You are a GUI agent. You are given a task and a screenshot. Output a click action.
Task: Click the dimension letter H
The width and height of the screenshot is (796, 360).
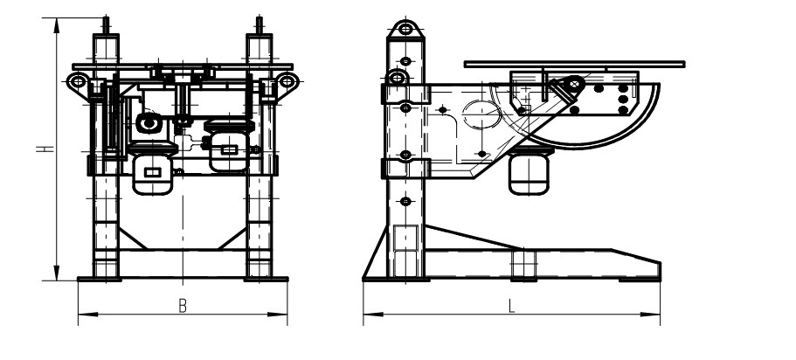[45, 149]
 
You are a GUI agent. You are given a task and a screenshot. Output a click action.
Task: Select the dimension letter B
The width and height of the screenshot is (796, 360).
[183, 306]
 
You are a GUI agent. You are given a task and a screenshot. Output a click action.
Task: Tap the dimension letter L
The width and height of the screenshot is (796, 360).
[512, 306]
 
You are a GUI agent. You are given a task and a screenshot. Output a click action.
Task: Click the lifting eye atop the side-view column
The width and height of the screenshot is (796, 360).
[405, 29]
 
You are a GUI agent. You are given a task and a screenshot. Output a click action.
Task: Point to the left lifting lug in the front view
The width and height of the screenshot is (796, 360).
[77, 80]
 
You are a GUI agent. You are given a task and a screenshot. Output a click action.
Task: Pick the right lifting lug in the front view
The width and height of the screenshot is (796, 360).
[287, 80]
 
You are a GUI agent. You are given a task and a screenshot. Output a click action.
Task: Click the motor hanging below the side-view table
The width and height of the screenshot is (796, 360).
[529, 173]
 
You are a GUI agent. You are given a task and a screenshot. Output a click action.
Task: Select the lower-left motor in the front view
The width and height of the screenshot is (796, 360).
[152, 170]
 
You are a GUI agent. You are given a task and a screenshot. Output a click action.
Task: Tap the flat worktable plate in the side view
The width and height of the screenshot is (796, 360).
[575, 64]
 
